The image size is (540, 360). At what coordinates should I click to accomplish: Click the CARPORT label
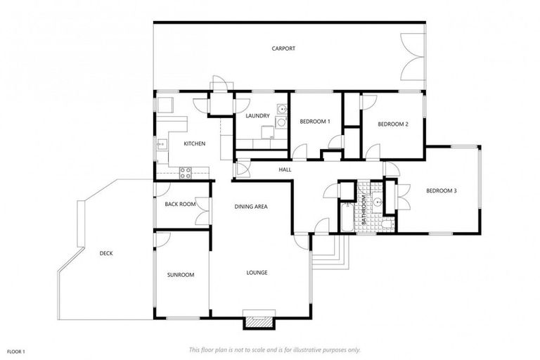click(x=283, y=49)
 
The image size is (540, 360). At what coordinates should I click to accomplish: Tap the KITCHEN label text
click(x=194, y=144)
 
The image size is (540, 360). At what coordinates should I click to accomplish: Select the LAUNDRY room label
click(x=258, y=116)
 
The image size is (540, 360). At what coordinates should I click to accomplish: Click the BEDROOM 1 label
click(x=315, y=122)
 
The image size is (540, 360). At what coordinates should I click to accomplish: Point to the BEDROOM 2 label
click(x=393, y=124)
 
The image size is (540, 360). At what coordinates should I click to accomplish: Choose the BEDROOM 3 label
click(x=442, y=191)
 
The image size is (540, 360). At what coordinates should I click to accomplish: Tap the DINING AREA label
click(x=251, y=207)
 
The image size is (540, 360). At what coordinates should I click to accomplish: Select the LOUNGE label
click(x=257, y=273)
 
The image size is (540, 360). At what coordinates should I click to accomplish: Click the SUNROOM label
click(x=181, y=275)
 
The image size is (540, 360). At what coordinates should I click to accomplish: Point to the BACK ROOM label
click(x=180, y=205)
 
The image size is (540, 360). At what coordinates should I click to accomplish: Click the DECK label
click(x=106, y=253)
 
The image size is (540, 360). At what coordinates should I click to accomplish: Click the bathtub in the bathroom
click(x=347, y=217)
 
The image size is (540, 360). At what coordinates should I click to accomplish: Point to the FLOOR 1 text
click(x=16, y=350)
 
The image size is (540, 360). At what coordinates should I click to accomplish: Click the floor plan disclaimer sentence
click(x=275, y=349)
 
